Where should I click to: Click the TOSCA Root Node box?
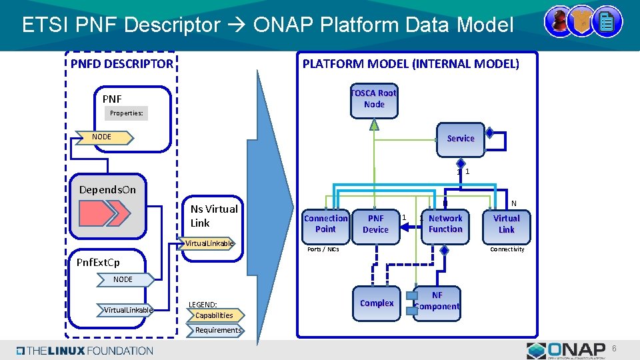374,99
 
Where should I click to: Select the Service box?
461,138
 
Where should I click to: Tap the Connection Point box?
325,224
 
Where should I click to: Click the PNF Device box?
375,224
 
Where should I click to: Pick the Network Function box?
445,224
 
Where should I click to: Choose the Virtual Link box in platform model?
507,224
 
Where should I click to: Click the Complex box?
377,303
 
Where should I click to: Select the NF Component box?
437,301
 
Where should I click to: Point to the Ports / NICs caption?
323,249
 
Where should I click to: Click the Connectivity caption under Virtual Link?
507,249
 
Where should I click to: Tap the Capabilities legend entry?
215,315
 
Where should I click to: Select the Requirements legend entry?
218,330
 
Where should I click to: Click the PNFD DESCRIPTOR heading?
122,64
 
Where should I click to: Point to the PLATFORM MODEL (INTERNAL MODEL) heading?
411,64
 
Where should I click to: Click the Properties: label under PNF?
127,113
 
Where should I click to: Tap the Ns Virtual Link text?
214,216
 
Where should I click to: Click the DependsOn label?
107,189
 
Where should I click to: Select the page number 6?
615,349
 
